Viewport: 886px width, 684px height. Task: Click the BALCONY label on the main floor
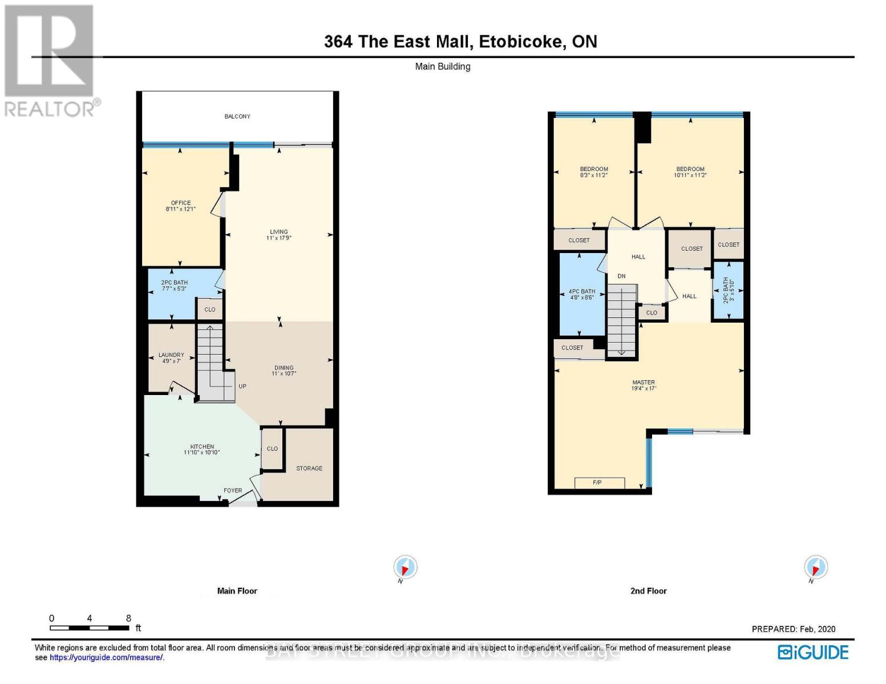pos(237,116)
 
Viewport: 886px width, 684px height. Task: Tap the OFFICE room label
pos(181,203)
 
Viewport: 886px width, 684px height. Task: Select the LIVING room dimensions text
pos(279,238)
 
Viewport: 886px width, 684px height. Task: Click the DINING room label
pos(284,368)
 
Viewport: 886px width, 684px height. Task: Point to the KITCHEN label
pos(202,447)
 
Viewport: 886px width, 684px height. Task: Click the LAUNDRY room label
pos(171,355)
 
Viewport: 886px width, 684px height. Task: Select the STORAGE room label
pos(309,469)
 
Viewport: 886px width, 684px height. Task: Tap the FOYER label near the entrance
pos(233,490)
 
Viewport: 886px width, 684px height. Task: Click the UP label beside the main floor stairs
pos(242,386)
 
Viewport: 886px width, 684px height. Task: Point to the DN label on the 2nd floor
pos(621,276)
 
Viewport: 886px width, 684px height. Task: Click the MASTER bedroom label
pos(644,382)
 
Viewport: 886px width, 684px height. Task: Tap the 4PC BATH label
pos(582,291)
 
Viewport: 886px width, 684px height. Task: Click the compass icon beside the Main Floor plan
pos(405,568)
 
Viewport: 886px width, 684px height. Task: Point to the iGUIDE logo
pos(814,652)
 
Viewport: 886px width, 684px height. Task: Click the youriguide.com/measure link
pos(106,658)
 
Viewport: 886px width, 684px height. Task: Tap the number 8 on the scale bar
pos(128,618)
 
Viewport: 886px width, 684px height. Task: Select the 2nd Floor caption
pos(648,591)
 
